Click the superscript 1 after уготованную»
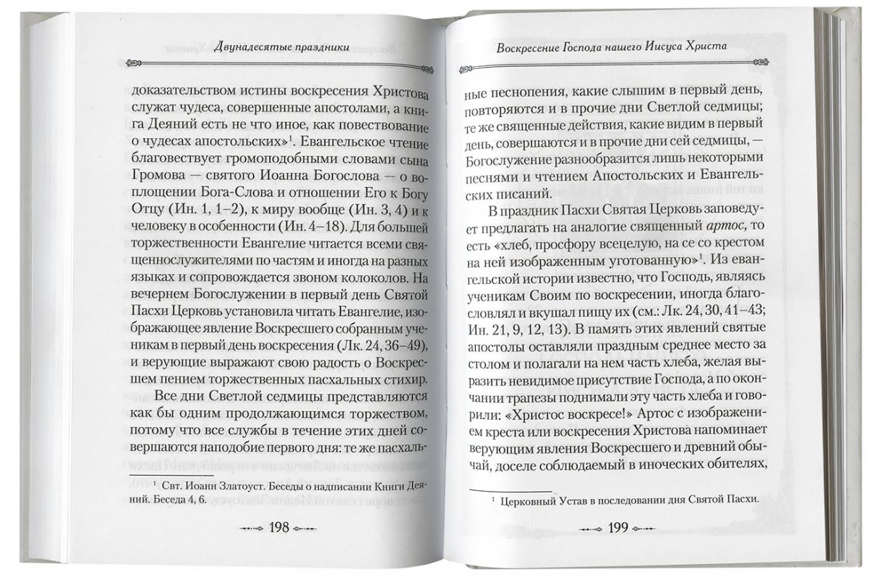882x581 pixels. coord(706,253)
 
